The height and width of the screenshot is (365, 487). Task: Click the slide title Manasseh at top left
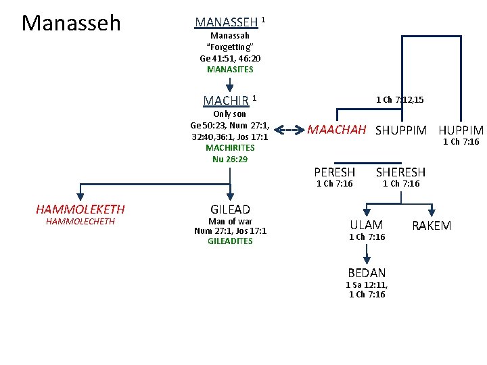(71, 24)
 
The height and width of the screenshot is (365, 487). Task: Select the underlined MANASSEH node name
(227, 22)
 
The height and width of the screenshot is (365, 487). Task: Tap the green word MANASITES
(230, 69)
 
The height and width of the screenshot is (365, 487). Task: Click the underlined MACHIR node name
(226, 101)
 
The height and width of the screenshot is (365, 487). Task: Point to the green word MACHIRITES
(230, 147)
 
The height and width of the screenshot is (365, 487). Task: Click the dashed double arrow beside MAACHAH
(289, 130)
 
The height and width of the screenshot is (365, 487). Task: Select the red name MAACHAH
(337, 130)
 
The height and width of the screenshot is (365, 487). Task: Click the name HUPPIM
(461, 130)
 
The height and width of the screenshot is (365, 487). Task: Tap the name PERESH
(334, 172)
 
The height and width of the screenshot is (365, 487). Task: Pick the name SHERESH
(400, 172)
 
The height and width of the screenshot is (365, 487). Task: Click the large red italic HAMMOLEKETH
(80, 210)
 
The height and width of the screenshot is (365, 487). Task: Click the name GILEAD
(230, 210)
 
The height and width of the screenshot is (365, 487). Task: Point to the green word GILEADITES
(230, 241)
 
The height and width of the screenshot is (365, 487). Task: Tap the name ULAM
(367, 225)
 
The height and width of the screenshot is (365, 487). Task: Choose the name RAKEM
(431, 225)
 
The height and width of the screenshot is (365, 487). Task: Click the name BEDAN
(367, 273)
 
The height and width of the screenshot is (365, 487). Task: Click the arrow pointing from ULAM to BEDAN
(367, 253)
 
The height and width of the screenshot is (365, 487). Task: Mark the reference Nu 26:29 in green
(230, 159)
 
